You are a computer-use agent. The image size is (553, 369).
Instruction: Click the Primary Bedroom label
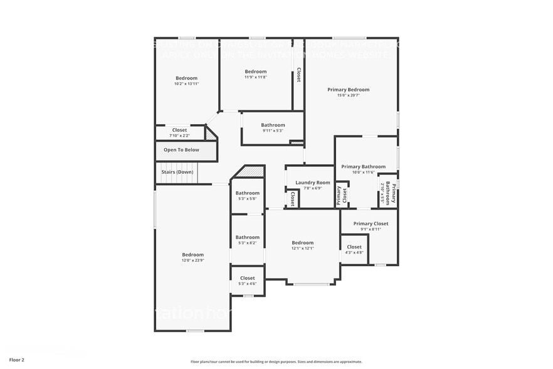coord(348,90)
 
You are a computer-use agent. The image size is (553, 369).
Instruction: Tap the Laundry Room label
coord(308,183)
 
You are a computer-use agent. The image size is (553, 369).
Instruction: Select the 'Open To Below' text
coord(181,150)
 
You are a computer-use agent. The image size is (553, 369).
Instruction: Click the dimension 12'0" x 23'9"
coord(192,260)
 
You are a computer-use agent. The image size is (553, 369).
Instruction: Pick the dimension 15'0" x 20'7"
coord(348,96)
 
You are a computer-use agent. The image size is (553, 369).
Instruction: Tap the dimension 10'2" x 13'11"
coord(186,84)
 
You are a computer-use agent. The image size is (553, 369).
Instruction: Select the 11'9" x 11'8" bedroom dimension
coord(255,77)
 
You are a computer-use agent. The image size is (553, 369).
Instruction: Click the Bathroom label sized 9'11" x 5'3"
coord(273,125)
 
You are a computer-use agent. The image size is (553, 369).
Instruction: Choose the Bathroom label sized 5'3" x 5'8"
coord(248,193)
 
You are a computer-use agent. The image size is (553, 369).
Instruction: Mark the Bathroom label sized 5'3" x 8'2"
coord(248,237)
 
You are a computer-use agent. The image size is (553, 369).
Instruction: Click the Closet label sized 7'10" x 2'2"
coord(179,130)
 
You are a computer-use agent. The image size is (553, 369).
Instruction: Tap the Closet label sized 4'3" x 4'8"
coord(354,247)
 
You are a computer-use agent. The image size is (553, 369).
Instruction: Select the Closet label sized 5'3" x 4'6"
coord(248,278)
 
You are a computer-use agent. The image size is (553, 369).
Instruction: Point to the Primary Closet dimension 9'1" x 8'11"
coord(371,230)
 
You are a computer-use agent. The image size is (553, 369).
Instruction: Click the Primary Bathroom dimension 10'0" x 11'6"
coord(363,173)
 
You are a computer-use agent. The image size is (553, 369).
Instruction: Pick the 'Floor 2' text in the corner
coord(17,360)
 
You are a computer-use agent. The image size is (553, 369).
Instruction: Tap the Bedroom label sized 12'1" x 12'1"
coord(303,242)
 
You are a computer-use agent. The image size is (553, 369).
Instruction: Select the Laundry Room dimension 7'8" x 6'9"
coord(308,188)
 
